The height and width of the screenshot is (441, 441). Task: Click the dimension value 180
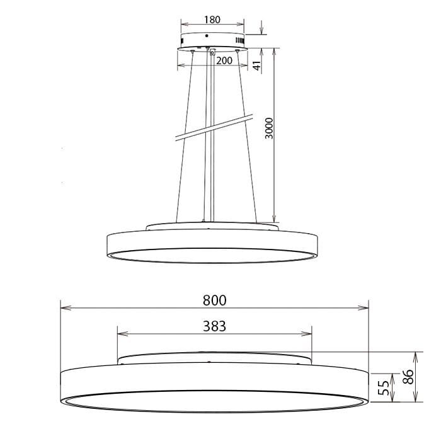point(212,20)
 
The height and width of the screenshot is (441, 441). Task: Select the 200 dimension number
point(224,60)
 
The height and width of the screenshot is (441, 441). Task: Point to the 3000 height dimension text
point(269,129)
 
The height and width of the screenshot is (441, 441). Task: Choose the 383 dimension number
point(214,326)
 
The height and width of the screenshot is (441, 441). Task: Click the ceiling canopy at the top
point(212,40)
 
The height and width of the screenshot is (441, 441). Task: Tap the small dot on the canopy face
point(206,36)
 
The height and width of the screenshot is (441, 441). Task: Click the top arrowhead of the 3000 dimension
point(275,52)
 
